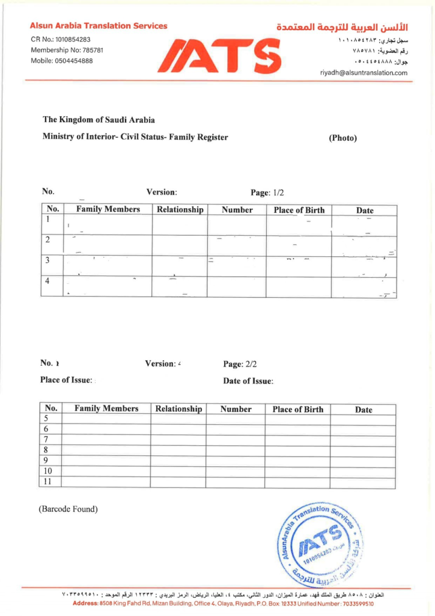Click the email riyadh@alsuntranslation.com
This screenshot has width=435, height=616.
point(364,73)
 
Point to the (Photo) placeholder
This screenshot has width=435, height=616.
point(342,138)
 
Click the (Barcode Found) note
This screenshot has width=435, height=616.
point(68,510)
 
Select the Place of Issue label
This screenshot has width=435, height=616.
point(67,380)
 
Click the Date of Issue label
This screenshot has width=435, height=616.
point(248,381)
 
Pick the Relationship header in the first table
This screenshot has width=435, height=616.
point(180,210)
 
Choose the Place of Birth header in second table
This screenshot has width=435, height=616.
point(298,409)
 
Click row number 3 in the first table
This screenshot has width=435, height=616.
point(47,260)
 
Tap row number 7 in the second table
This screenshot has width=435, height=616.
point(46,440)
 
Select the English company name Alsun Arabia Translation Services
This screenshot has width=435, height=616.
point(99,26)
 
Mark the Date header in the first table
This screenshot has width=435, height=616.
point(364,211)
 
